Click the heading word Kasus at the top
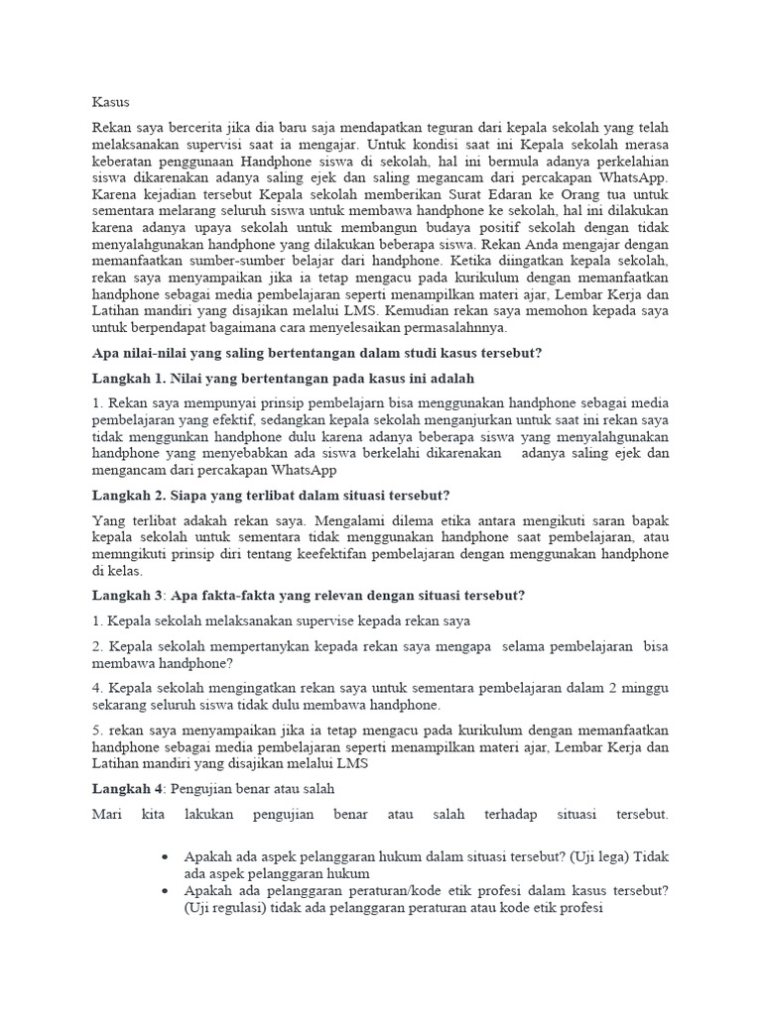tap(111, 102)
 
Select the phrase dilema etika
tap(453, 519)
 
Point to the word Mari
tap(107, 815)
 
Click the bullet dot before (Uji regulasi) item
tap(163, 891)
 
